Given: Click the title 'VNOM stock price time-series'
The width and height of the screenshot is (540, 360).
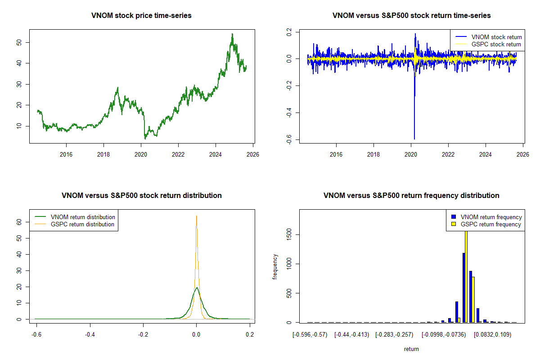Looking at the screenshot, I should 142,16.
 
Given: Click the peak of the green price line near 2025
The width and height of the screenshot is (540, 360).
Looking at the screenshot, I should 232,34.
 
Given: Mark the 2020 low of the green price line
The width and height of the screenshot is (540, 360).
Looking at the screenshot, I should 145,139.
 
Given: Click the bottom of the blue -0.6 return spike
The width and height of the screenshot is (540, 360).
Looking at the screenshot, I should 414,139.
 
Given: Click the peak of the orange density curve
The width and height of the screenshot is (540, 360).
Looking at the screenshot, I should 196,216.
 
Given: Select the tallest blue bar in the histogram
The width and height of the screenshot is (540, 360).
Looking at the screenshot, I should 463,288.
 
